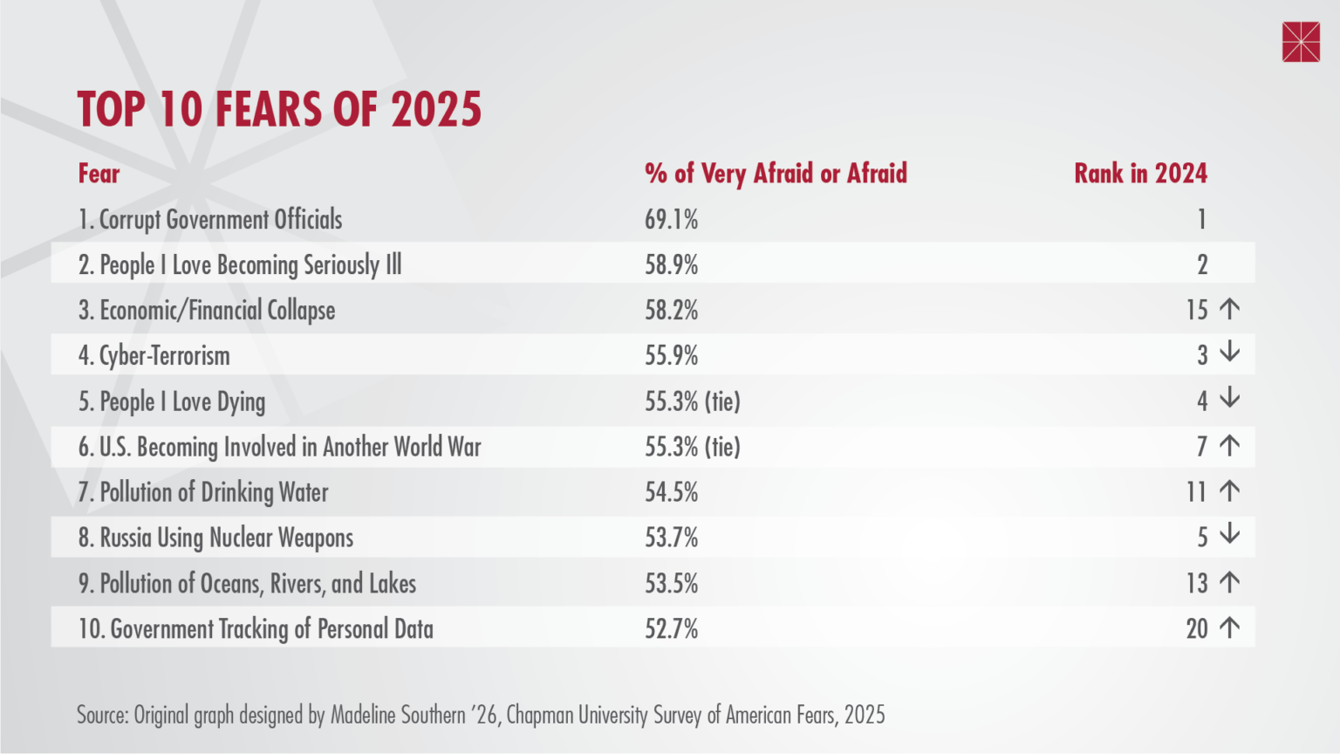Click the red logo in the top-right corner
(1301, 43)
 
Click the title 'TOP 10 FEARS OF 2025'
(279, 110)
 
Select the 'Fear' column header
(99, 174)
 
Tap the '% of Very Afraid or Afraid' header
(776, 174)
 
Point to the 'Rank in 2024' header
(1140, 174)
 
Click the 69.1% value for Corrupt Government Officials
(671, 220)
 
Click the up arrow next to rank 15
(1229, 309)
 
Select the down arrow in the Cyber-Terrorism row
(1229, 353)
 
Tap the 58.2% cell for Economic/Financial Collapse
(671, 311)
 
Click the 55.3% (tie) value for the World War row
(692, 447)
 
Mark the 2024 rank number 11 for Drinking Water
(1196, 492)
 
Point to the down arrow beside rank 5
(1229, 534)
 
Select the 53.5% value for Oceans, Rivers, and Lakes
(671, 584)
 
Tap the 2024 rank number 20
(1197, 629)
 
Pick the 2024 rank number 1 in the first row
(1201, 220)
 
